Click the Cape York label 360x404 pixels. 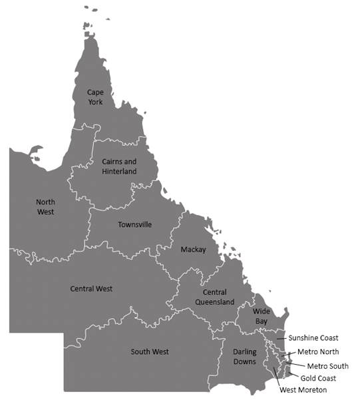coord(97,97)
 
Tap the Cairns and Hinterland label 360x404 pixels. coord(120,166)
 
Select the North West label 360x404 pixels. coord(45,206)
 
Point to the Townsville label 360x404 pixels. coord(134,224)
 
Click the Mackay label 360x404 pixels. coord(193,250)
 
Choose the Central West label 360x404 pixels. coord(91,289)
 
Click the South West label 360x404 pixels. coord(150,351)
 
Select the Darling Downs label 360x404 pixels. coord(244,356)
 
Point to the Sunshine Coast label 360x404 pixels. coord(313,337)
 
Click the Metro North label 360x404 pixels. coord(318,351)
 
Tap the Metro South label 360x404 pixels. coord(327,366)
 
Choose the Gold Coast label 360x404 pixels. coord(317,378)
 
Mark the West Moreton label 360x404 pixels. coord(303,390)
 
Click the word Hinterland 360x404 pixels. coord(120,172)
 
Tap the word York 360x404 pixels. coord(97,102)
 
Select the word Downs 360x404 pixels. coord(244,362)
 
